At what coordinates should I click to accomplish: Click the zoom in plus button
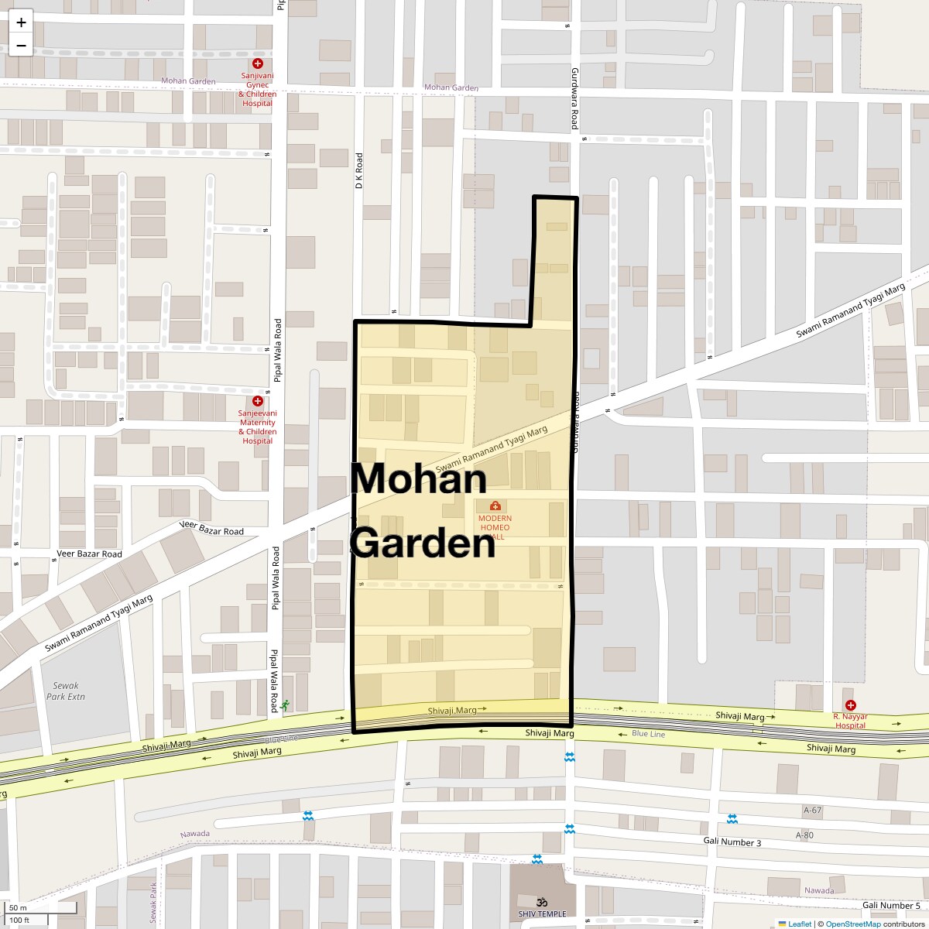21,22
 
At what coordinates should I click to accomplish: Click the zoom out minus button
21,46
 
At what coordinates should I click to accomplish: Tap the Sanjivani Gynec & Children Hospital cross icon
258,64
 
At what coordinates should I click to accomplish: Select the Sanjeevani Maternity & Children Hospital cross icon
258,401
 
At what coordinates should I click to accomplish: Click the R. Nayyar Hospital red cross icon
851,705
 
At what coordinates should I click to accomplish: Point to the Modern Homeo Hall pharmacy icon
495,506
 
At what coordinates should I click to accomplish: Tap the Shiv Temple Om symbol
542,901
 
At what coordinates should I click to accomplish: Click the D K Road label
359,171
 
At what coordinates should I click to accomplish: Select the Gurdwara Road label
574,98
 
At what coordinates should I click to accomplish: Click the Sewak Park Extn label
66,691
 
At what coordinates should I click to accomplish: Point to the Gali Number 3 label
732,842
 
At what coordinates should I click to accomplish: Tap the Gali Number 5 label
891,905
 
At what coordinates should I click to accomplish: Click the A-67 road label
812,811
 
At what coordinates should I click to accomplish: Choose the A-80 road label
804,835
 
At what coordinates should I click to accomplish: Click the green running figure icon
286,705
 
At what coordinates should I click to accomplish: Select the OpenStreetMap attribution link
852,924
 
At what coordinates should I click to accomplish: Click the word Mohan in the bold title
419,478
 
